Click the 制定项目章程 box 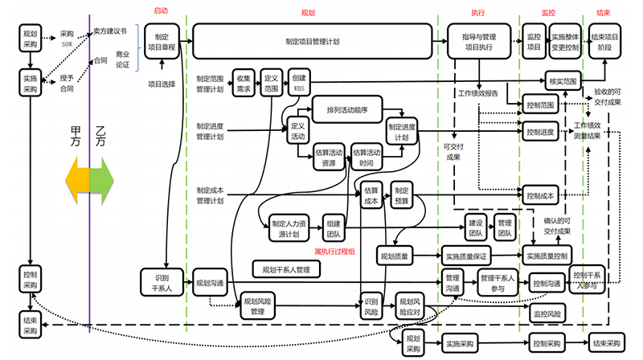(x=162, y=42)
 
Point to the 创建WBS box (x=298, y=84)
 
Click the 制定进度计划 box (x=403, y=131)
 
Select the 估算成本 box (x=371, y=196)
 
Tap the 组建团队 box (x=332, y=229)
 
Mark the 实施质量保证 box (x=464, y=256)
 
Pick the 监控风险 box (x=547, y=312)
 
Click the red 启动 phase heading (x=161, y=11)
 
